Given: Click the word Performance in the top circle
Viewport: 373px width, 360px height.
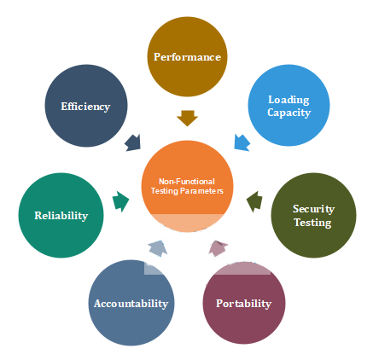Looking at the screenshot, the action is coord(187,57).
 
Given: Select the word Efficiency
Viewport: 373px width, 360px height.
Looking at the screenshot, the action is coord(85,107).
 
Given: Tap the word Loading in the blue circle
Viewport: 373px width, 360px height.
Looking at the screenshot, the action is coord(288,100).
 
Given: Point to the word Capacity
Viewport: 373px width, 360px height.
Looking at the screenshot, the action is coord(288,113).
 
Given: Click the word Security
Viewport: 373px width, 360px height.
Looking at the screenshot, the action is coord(313,209).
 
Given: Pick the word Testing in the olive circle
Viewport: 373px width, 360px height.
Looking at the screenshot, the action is coord(312,223).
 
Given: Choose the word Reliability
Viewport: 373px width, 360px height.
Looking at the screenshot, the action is coord(61,216).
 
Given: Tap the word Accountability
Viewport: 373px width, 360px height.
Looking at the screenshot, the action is coord(131,304).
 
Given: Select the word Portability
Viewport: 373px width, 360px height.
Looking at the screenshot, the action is coord(243,304).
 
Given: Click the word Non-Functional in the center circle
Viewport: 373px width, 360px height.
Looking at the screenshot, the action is coord(187,182).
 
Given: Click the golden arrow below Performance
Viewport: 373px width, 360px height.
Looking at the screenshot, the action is coord(187,118).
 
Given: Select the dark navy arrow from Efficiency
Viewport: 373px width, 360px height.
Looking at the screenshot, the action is coord(133,142).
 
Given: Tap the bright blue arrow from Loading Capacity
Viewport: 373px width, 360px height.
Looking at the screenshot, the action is coord(242,142).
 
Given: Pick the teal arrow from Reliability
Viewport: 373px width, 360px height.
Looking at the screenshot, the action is coord(120,201).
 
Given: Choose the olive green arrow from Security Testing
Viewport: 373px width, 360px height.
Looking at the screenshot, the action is coord(254,201).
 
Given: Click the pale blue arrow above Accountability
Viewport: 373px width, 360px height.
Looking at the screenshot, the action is coord(158,248).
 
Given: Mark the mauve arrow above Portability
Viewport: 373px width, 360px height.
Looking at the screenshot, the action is coord(218,248).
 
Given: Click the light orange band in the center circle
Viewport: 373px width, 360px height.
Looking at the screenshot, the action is coord(187,223).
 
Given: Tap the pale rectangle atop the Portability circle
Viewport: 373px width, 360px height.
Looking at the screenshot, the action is coord(242,269).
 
